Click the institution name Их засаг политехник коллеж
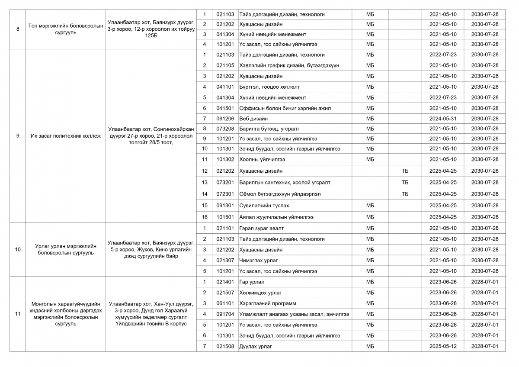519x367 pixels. [x=65, y=136]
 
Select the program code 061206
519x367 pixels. [x=225, y=119]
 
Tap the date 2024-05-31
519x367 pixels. [x=442, y=119]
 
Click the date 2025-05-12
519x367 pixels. [x=442, y=346]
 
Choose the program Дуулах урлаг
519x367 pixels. [x=256, y=346]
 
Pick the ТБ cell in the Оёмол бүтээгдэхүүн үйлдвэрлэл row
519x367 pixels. [x=404, y=194]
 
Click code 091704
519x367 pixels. [x=225, y=314]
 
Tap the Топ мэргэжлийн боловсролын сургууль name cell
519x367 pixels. [x=65, y=29]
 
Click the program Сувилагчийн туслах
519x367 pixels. [x=264, y=206]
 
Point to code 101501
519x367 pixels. [x=225, y=217]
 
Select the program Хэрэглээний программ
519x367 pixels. [x=267, y=303]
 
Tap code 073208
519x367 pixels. [x=225, y=129]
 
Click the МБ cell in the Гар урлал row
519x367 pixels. [x=370, y=282]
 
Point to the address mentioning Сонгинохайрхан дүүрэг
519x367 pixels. [x=151, y=136]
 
